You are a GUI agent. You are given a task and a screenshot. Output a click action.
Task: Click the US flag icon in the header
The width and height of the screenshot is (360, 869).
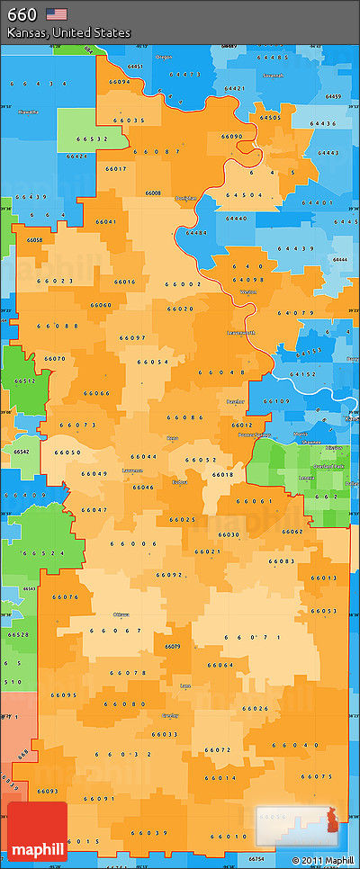pos(57,13)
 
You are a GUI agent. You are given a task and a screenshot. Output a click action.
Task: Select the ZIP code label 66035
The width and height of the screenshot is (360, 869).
pos(130,120)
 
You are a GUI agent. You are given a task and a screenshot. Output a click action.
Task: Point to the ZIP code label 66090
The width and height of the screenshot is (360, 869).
pos(231,137)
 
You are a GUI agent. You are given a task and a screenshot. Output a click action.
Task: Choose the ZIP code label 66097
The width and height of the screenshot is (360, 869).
pos(132,337)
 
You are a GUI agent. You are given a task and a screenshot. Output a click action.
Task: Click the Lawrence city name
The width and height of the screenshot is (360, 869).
pos(132,470)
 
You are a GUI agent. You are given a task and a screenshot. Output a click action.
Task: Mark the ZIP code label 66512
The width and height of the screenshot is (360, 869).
pos(24,381)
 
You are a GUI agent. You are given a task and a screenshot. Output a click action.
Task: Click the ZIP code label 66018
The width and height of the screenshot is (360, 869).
pos(222,474)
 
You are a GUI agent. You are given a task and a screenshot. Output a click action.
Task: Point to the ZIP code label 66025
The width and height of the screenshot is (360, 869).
pos(182,519)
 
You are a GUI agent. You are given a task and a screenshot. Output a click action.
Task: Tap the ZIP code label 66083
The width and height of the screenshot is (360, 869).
pos(281,561)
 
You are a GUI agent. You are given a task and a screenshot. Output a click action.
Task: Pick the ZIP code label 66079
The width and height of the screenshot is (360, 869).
pos(172,646)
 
